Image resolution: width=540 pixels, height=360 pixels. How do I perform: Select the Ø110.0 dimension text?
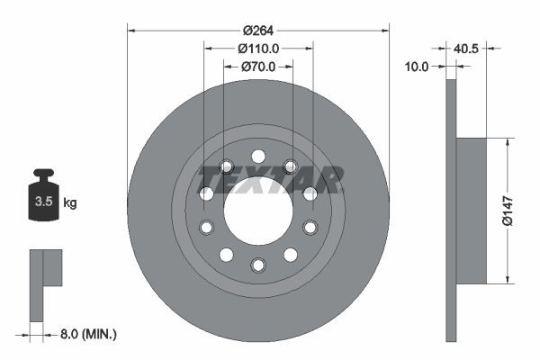click(x=258, y=49)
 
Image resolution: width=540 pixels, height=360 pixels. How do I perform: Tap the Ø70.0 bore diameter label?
click(x=258, y=67)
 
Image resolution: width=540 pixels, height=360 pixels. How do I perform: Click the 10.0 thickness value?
click(x=418, y=67)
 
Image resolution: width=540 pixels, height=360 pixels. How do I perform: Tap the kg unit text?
click(x=70, y=203)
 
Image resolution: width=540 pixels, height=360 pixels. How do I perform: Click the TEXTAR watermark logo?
click(x=270, y=179)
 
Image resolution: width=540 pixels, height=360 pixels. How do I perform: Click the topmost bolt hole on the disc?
click(x=258, y=156)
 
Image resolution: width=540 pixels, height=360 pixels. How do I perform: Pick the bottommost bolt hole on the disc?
click(x=258, y=265)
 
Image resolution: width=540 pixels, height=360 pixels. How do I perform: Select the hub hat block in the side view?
click(x=472, y=210)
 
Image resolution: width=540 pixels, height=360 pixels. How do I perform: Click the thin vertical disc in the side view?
click(x=451, y=210)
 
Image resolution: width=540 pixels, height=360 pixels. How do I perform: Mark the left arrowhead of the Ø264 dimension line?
click(x=131, y=30)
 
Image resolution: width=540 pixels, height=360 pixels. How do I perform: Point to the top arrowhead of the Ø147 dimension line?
click(x=508, y=142)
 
